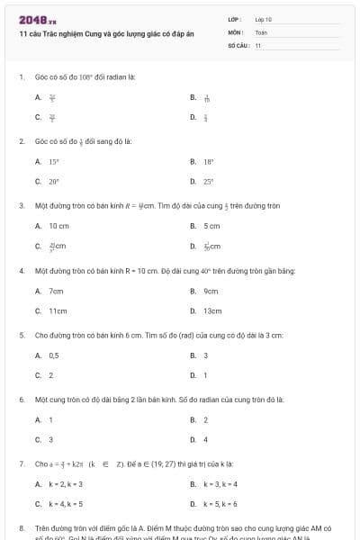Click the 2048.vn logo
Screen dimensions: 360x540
coord(37,19)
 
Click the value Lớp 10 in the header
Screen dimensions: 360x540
coord(263,19)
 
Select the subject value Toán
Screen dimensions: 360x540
coord(261,31)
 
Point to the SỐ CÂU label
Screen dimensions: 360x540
coord(238,45)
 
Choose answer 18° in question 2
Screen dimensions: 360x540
coord(208,161)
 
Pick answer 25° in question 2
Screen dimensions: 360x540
coord(208,181)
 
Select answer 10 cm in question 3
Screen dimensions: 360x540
coord(58,226)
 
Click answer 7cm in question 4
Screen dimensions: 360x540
coord(56,291)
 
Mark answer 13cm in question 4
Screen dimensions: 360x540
coord(212,310)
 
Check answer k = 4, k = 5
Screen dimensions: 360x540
coord(66,504)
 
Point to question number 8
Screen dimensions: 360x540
coord(21,527)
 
